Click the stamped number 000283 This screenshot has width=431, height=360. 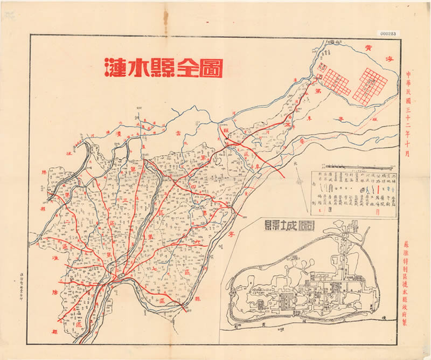[388, 33]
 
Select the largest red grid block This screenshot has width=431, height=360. [370, 86]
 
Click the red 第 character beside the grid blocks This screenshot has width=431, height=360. [324, 93]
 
